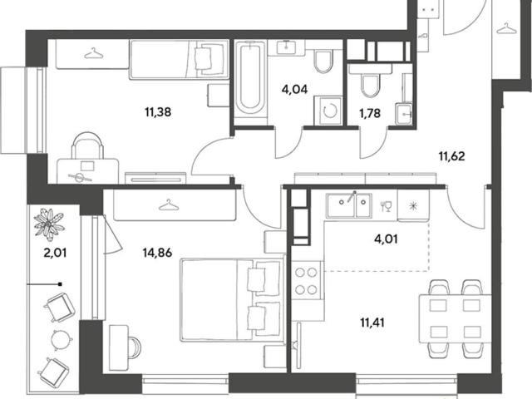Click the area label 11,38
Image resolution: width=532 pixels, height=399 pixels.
pyautogui.click(x=158, y=111)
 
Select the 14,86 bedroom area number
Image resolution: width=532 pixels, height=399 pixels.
pyautogui.click(x=157, y=253)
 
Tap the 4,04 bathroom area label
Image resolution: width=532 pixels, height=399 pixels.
pyautogui.click(x=294, y=90)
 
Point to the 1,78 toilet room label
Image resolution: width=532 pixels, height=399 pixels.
pyautogui.click(x=370, y=113)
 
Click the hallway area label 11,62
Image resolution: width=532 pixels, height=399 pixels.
pyautogui.click(x=452, y=156)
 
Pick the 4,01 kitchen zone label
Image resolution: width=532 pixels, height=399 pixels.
pyautogui.click(x=386, y=239)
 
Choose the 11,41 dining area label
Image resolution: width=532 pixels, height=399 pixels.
pyautogui.click(x=372, y=323)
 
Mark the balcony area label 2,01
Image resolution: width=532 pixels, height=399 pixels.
pyautogui.click(x=55, y=253)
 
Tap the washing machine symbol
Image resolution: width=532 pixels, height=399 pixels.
pyautogui.click(x=328, y=111)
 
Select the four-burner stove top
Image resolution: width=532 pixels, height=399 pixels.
pyautogui.click(x=306, y=281)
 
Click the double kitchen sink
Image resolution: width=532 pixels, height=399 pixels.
pyautogui.click(x=349, y=205)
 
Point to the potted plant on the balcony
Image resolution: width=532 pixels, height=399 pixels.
pyautogui.click(x=49, y=223)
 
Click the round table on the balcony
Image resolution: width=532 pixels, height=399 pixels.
pyautogui.click(x=62, y=339)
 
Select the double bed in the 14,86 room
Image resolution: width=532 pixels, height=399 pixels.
pyautogui.click(x=232, y=299)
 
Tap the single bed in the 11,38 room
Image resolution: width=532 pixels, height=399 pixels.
pyautogui.click(x=180, y=60)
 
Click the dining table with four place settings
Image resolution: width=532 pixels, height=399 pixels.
pyautogui.click(x=455, y=319)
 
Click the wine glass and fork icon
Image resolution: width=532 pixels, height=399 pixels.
pyautogui.click(x=386, y=206)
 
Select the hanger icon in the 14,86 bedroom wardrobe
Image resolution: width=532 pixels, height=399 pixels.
pyautogui.click(x=169, y=205)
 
